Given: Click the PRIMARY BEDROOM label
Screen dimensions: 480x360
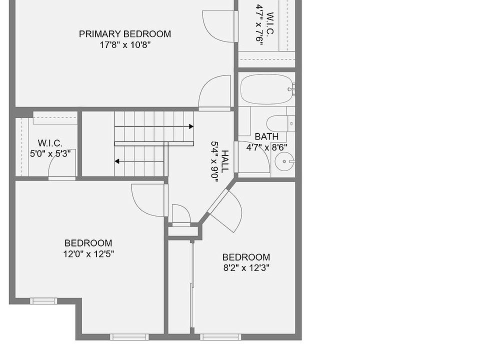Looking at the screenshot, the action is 125,34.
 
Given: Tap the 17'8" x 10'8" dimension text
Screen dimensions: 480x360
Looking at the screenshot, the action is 125,45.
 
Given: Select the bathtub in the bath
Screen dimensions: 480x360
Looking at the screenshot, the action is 266,89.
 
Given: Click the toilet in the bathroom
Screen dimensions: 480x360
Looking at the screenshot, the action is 280,123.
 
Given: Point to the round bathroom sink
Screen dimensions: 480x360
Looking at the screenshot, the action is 284,161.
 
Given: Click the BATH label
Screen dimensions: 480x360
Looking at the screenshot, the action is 266,136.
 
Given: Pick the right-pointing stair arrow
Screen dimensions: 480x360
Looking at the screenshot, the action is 154,126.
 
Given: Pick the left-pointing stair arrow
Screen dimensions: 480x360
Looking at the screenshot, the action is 139,161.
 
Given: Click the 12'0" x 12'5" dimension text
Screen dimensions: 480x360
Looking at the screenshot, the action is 88,254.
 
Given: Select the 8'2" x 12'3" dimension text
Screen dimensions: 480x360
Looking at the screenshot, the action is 246,268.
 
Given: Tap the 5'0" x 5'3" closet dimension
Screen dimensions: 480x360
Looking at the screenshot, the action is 50,153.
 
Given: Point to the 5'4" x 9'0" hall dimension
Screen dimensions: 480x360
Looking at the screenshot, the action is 214,161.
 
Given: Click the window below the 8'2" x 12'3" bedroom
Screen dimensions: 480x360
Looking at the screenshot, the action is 220,337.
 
